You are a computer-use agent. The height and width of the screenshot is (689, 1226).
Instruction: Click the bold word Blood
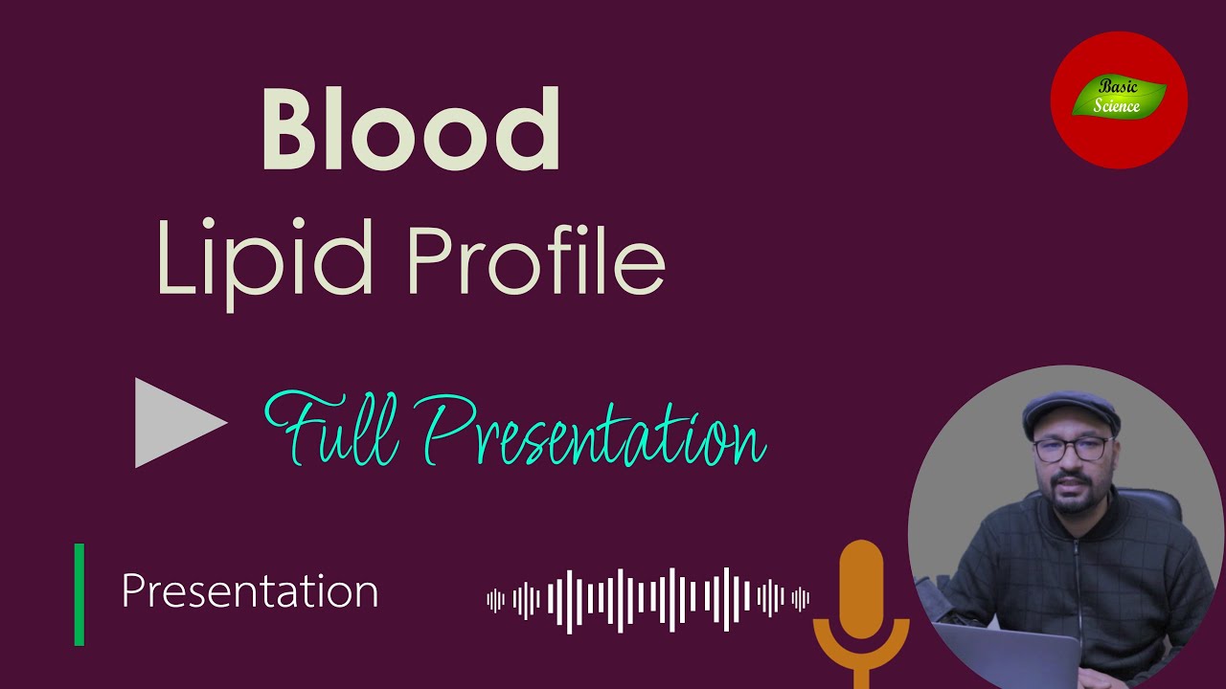tap(411, 130)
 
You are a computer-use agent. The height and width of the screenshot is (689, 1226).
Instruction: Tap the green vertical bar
tap(79, 594)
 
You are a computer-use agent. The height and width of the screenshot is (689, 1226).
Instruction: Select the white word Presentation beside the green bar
tap(250, 591)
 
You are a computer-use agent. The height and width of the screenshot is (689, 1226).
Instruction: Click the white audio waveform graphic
tap(647, 600)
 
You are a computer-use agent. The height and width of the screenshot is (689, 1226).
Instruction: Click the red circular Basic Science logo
tap(1119, 100)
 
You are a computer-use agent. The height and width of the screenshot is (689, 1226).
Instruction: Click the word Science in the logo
tap(1118, 106)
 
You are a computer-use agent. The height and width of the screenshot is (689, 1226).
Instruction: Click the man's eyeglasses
tap(1073, 449)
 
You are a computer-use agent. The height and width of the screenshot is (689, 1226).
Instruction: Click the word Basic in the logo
tap(1119, 87)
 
